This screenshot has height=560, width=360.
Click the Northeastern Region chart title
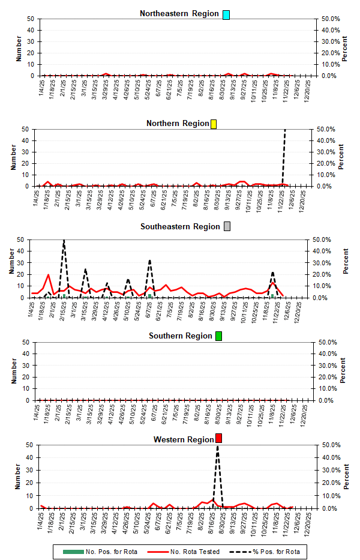[179, 14]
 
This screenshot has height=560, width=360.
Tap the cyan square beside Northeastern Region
[226, 14]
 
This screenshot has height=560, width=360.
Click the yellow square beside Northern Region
[214, 124]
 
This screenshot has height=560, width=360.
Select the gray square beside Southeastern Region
[227, 227]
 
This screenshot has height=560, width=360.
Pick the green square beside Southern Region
[218, 336]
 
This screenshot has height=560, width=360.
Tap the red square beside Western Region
[218, 439]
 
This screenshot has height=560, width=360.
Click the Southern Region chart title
[181, 336]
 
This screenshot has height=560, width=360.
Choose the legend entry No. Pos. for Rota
[108, 552]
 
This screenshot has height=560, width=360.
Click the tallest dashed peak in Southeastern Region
[64, 241]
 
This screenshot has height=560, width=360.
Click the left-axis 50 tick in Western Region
[30, 445]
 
